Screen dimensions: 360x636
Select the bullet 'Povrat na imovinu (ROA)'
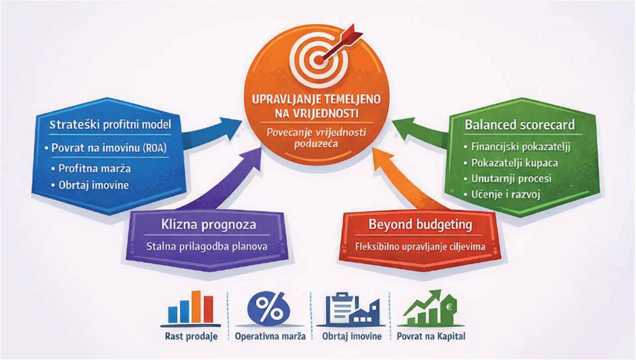pyautogui.click(x=109, y=148)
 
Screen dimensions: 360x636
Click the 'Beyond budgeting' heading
pyautogui.click(x=420, y=224)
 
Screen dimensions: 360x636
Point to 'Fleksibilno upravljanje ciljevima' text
pyautogui.click(x=420, y=246)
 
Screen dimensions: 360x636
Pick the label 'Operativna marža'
pyautogui.click(x=269, y=337)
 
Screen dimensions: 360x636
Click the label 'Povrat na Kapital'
pyautogui.click(x=431, y=337)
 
